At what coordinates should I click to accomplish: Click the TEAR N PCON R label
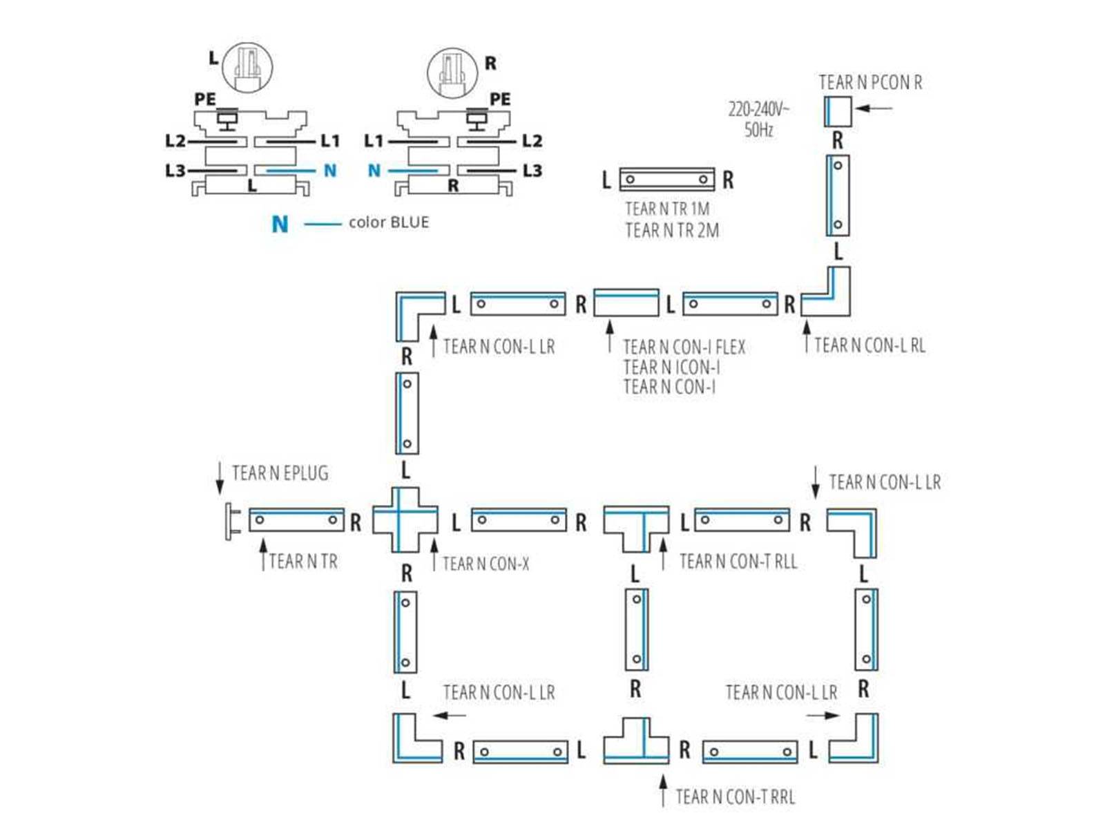coord(869,83)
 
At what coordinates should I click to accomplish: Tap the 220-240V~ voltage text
coord(758,109)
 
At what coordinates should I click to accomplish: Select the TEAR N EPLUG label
coord(280,473)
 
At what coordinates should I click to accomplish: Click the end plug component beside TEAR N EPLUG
coord(230,521)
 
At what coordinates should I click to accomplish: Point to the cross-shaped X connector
coord(405,520)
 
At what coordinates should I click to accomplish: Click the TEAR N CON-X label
coord(486,564)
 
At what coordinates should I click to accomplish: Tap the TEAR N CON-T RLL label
coord(738,562)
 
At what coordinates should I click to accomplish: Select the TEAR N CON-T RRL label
coord(735,797)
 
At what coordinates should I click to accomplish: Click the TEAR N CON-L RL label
coord(869,345)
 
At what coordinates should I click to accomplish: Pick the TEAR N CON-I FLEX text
coord(684,347)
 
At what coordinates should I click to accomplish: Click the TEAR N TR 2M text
coord(671,230)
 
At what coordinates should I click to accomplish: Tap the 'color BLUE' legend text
coord(388,222)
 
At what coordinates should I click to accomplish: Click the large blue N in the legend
coord(280,224)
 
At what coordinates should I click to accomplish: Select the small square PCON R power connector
coord(837,111)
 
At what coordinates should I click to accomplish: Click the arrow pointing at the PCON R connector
coord(874,108)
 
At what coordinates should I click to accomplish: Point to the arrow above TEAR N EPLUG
coord(220,477)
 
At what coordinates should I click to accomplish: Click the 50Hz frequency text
coord(758,130)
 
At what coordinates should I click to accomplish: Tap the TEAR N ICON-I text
coord(671,367)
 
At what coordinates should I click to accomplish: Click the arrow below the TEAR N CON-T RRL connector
coord(663,790)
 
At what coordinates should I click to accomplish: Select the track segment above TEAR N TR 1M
coord(666,179)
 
